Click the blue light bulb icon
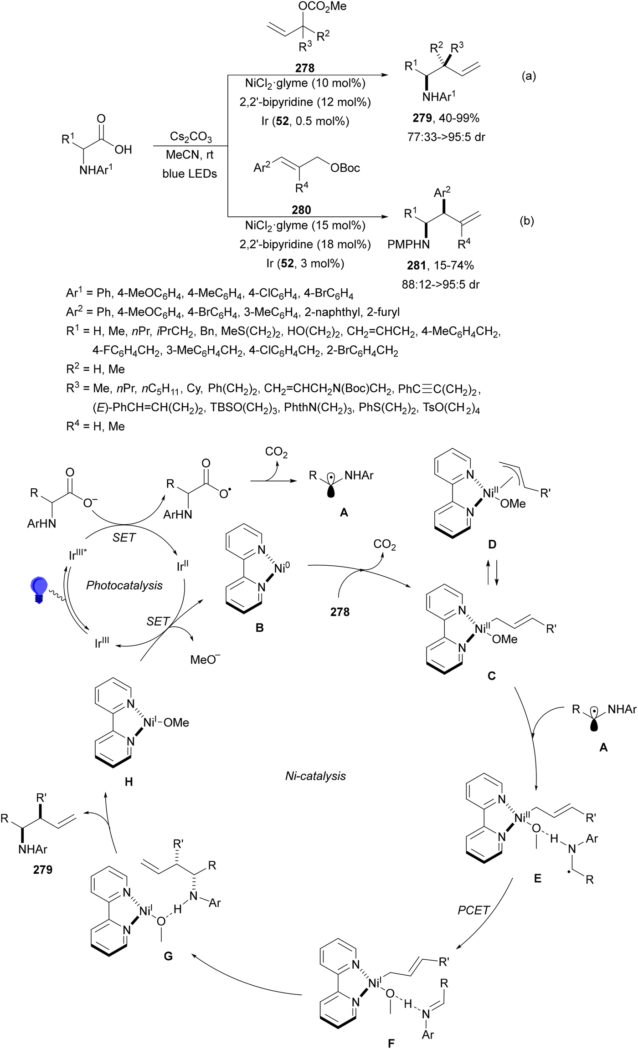(x=39, y=589)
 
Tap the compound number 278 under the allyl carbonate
(x=304, y=68)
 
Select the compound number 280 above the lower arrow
(x=301, y=210)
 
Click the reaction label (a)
(x=529, y=76)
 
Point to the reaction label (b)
(x=527, y=221)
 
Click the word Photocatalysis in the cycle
(x=124, y=585)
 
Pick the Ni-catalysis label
(x=315, y=776)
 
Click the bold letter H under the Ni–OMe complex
(x=129, y=782)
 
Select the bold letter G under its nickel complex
(x=168, y=956)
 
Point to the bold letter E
(x=538, y=878)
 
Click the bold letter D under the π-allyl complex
(x=492, y=544)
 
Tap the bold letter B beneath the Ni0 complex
(x=259, y=628)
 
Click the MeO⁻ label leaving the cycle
(x=205, y=659)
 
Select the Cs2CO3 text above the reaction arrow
(x=190, y=137)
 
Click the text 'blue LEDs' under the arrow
(x=190, y=174)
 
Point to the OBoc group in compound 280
(x=345, y=168)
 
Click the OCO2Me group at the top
(x=323, y=6)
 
